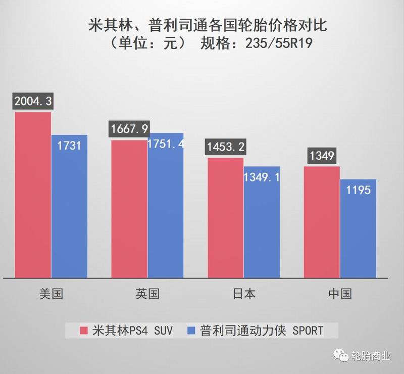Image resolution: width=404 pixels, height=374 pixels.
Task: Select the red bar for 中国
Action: [x=322, y=222]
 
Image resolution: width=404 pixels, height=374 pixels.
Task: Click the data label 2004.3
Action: [x=33, y=101]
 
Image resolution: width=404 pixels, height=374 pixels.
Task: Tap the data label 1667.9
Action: [x=129, y=129]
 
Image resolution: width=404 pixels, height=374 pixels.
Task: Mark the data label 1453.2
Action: [x=225, y=147]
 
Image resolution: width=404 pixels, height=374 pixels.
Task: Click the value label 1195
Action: [x=358, y=190]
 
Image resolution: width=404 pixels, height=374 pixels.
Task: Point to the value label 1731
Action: [x=69, y=146]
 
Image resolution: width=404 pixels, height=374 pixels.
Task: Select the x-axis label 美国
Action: [x=51, y=294]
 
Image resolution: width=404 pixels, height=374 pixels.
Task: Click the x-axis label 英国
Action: [x=147, y=294]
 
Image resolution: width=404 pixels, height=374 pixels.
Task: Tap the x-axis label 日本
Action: [x=243, y=294]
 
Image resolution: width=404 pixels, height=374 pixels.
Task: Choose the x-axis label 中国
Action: [x=339, y=294]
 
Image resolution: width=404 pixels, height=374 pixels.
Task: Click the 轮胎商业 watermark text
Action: [x=371, y=356]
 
